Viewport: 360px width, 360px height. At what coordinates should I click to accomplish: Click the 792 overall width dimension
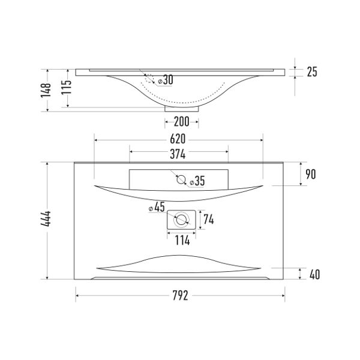[180, 295]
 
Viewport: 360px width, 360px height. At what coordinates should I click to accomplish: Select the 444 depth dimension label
[46, 219]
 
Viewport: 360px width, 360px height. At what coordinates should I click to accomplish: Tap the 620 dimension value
[178, 139]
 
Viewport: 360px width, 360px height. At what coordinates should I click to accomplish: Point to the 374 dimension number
[178, 154]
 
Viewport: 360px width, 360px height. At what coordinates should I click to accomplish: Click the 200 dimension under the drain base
[182, 122]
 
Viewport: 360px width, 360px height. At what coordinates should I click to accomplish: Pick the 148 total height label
[46, 90]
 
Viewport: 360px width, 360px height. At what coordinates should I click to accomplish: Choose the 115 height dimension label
[67, 87]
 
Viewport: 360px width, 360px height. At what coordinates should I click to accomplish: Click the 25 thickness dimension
[312, 72]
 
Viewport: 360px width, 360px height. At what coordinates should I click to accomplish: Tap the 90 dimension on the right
[311, 174]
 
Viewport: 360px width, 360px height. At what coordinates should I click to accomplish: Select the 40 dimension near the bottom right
[314, 274]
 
